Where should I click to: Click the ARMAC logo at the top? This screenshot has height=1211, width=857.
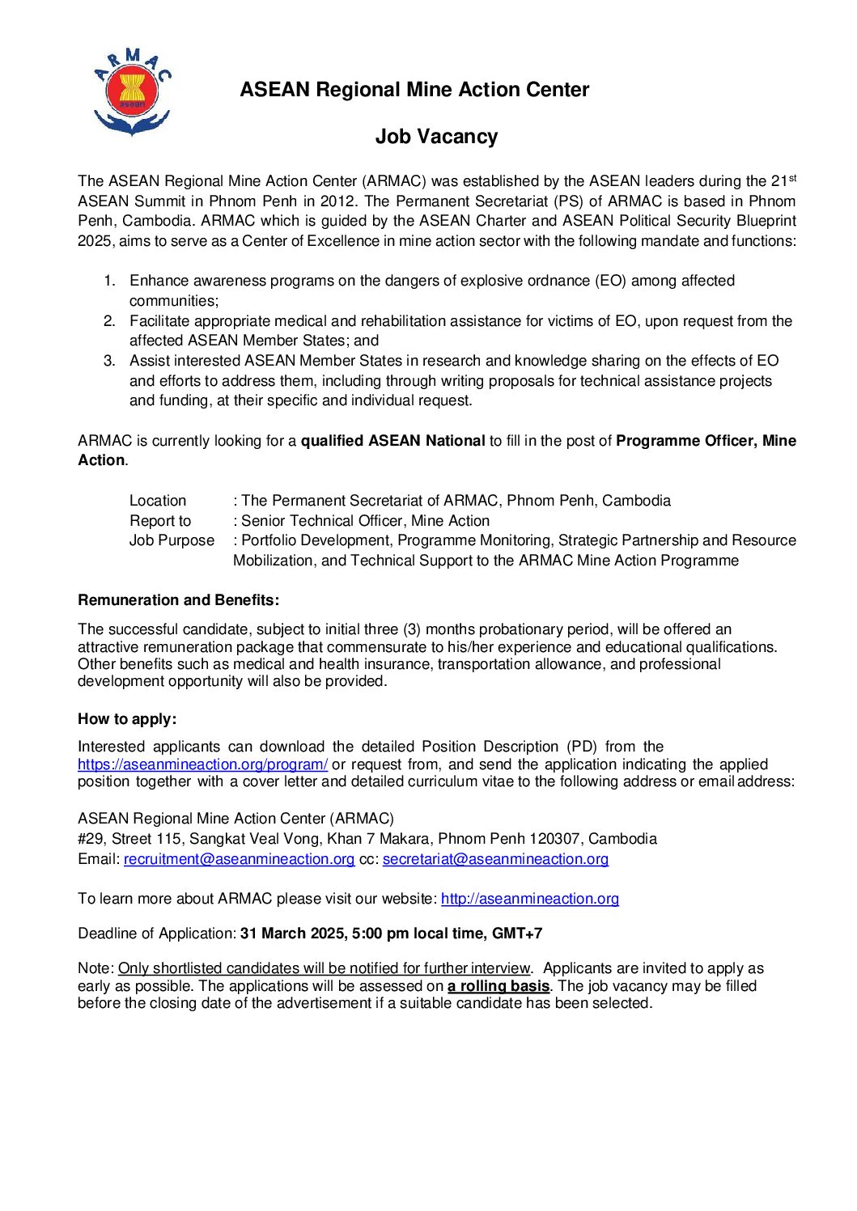[132, 91]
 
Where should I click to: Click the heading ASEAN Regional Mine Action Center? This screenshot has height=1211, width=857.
[414, 90]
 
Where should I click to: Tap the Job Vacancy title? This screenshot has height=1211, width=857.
[436, 137]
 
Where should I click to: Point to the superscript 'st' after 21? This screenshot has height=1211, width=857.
[793, 177]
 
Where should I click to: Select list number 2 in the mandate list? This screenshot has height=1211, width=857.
[110, 321]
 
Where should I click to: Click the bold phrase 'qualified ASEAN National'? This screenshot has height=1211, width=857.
[392, 441]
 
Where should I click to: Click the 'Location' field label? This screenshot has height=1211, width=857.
[158, 501]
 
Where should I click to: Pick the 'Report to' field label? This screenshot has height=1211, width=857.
[160, 521]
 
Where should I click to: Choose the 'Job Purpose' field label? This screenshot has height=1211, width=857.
[172, 540]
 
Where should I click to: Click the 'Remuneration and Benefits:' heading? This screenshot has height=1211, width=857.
[178, 600]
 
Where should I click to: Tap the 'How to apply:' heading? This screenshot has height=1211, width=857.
[127, 719]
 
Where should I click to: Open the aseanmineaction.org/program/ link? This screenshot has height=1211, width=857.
[202, 764]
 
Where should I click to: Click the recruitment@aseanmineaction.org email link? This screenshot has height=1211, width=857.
[239, 859]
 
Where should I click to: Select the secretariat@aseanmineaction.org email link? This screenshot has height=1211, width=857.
[495, 859]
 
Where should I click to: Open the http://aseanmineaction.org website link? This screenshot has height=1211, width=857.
[530, 899]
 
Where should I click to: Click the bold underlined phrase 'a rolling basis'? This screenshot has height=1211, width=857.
[499, 986]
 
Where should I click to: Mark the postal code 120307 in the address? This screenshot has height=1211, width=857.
[554, 839]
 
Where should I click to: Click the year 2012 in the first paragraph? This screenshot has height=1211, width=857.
[338, 201]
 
